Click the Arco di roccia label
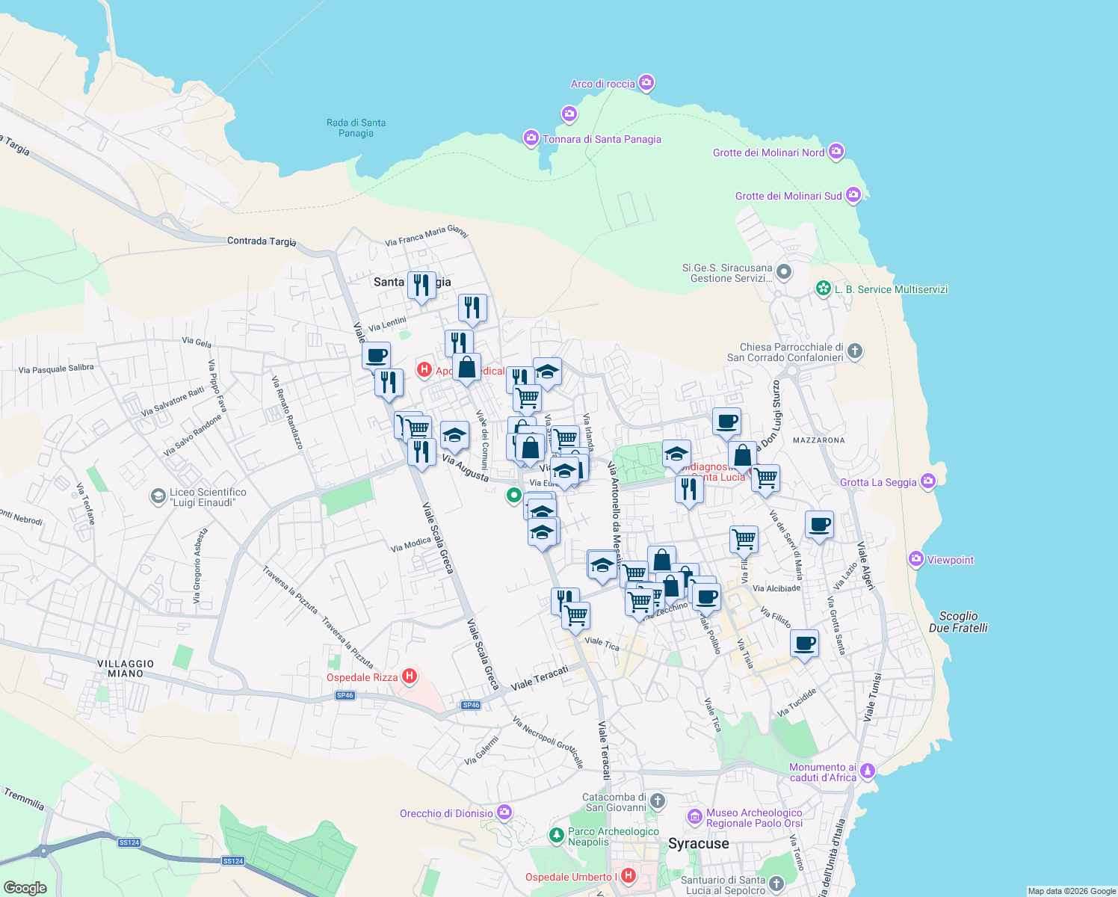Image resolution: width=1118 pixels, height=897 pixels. coord(602,84)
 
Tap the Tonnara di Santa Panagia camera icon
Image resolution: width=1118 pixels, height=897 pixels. coord(531,138)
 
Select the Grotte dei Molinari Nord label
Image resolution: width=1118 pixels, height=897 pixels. coord(768,152)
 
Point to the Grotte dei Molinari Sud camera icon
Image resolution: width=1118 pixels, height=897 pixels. coord(853,196)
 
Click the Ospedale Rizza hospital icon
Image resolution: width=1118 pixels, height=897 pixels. coord(409,677)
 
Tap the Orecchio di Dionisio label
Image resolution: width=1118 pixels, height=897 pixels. coord(446,813)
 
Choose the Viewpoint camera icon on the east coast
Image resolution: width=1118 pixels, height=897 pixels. coord(915,559)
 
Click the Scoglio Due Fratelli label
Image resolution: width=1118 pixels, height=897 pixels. coord(958,622)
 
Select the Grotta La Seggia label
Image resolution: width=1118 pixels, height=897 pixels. coord(878,482)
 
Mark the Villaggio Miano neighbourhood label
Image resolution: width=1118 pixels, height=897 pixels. coord(126,668)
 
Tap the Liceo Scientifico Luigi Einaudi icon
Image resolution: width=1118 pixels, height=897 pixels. coord(158,496)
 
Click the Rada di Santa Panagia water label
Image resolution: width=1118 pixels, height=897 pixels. coord(356,128)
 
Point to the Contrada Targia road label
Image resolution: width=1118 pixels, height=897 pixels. coord(262,241)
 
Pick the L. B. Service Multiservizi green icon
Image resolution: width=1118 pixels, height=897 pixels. coord(824,289)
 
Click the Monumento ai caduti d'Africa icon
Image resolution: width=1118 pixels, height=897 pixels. coord(867,770)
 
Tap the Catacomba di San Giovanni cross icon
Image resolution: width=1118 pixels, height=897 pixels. coord(658,801)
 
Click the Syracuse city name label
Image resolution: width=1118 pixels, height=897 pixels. coord(698,844)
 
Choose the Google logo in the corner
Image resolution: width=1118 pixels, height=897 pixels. coord(25,887)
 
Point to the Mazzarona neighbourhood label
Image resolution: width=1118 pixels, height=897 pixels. coord(818,440)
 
